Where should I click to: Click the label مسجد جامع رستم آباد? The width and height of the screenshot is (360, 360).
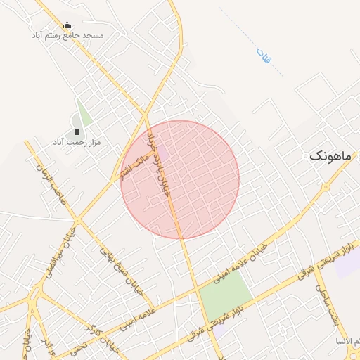tap(67, 34)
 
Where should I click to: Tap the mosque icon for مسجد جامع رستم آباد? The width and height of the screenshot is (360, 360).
tap(67, 25)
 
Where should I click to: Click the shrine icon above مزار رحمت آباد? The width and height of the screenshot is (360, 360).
tap(76, 132)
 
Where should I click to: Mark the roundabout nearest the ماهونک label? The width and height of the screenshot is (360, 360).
tap(326, 188)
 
